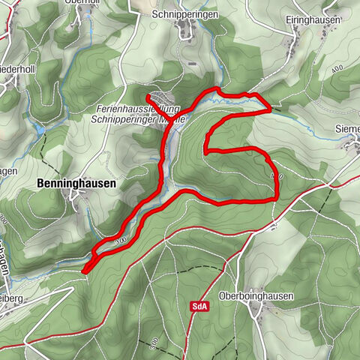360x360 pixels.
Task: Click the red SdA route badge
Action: pyautogui.click(x=199, y=307)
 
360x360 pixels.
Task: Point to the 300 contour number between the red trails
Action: pyautogui.click(x=119, y=241)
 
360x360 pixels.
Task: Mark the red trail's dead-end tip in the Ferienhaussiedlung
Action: pyautogui.click(x=147, y=96)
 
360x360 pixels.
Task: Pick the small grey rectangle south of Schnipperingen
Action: pyautogui.click(x=193, y=64)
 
